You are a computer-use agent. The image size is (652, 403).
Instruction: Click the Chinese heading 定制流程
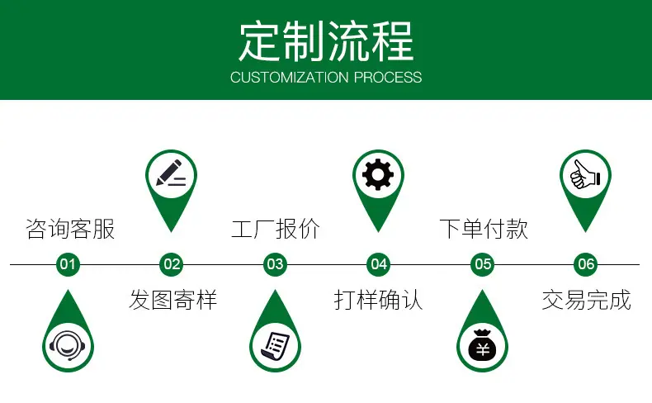click(326, 41)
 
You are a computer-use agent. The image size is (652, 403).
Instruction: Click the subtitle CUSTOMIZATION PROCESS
click(326, 78)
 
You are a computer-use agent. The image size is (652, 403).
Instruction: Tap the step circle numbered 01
click(68, 264)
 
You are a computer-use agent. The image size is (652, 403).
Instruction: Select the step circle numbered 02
click(172, 264)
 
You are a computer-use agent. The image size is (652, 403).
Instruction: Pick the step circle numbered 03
click(275, 264)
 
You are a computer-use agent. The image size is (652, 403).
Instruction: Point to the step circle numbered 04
click(378, 264)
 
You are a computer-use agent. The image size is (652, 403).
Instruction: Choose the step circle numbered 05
click(482, 264)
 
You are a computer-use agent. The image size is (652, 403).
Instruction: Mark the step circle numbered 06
click(586, 264)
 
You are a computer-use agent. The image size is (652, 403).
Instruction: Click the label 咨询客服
click(70, 229)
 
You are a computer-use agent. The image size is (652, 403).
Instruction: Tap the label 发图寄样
click(173, 300)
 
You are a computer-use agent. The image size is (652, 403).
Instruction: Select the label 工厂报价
click(276, 229)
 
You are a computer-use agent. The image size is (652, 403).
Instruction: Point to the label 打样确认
click(378, 300)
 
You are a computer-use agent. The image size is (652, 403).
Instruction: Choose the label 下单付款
click(484, 229)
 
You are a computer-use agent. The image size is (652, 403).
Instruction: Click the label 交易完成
click(587, 300)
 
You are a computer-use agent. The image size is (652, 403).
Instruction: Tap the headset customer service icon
click(68, 346)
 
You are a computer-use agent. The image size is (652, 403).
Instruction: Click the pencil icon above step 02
click(171, 173)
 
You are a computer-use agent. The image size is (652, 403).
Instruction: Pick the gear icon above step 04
click(378, 175)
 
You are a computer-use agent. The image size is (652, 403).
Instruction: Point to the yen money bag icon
click(482, 346)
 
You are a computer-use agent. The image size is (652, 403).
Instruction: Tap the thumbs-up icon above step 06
click(585, 175)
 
